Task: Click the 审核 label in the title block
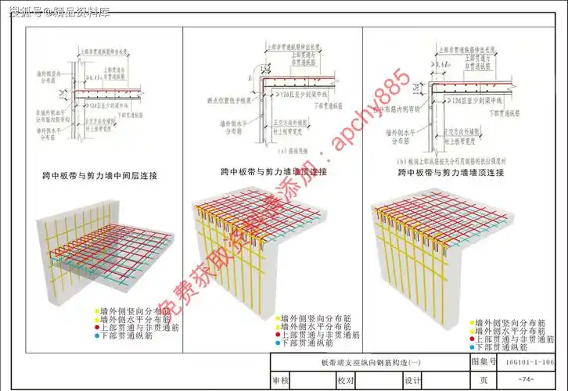(x=280, y=380)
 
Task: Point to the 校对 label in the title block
(x=346, y=380)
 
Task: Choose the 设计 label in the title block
(x=413, y=380)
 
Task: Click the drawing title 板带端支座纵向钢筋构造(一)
(x=368, y=363)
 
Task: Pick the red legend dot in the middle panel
(x=277, y=335)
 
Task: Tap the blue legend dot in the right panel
(x=471, y=346)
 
